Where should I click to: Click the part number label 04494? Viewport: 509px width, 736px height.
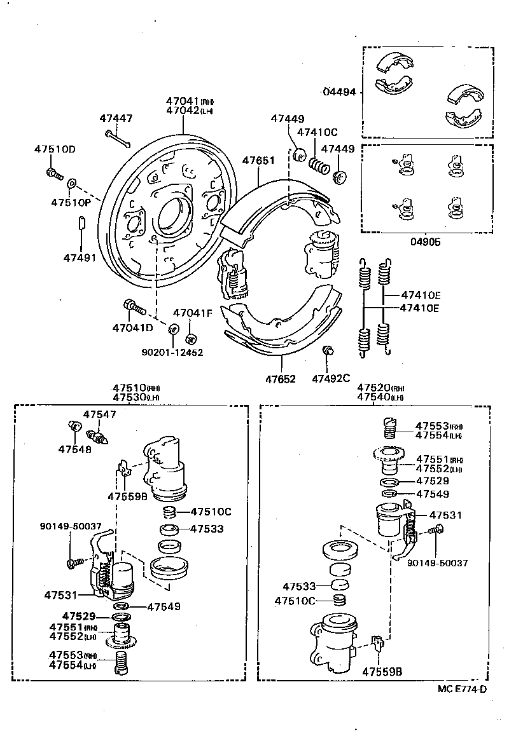click(x=340, y=92)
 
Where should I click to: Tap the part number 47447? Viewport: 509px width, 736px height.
click(x=116, y=118)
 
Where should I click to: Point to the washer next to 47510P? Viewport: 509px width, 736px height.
click(x=71, y=183)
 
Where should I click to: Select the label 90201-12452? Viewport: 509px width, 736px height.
click(x=173, y=351)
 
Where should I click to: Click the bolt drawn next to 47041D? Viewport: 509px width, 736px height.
click(x=135, y=308)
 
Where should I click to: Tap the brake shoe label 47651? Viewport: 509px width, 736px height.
click(x=258, y=161)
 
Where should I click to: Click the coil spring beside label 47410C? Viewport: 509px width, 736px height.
click(x=319, y=165)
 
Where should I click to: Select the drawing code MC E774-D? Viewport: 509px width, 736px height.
click(x=462, y=690)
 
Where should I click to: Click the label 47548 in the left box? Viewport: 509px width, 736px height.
click(x=74, y=449)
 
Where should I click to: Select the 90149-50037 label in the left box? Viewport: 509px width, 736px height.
click(x=70, y=526)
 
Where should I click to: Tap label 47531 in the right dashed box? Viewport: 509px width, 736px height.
click(x=445, y=515)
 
